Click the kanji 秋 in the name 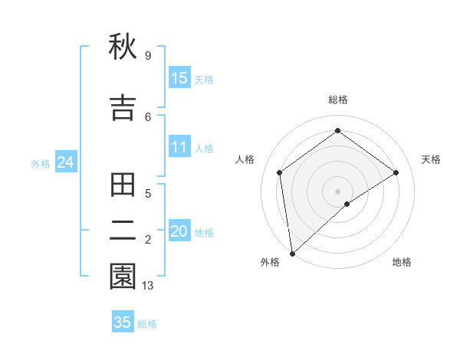coord(123,48)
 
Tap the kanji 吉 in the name coord(123,108)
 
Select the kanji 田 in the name coord(123,186)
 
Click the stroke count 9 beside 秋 coord(147,56)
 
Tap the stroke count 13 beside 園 coord(148,286)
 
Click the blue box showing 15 coord(179,78)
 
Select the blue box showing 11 coord(179,147)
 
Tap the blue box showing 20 coord(179,231)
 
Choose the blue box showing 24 coord(65,162)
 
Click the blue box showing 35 coord(123,322)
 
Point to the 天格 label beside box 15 coord(204,80)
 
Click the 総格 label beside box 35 coord(147,324)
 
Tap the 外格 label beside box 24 coord(41,164)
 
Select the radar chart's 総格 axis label coord(337,100)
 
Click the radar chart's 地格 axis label coord(402,263)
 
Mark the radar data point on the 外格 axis coord(292,253)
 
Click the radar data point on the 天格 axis coord(396,172)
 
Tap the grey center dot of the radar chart coord(337,190)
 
